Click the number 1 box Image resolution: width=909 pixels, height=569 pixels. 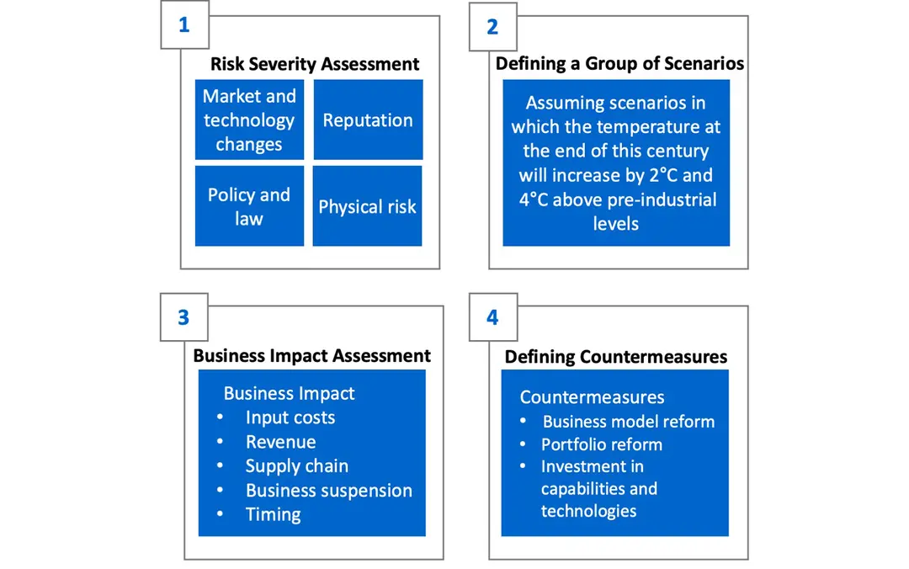click(x=184, y=25)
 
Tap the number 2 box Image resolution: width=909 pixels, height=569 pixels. click(x=492, y=27)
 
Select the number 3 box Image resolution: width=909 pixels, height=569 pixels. click(x=183, y=317)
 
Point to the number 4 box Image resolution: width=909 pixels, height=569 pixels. click(x=492, y=317)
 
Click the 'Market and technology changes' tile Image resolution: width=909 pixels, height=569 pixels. click(x=249, y=120)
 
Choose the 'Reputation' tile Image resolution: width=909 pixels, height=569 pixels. click(x=368, y=120)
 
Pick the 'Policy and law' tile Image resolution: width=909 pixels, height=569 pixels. click(x=249, y=206)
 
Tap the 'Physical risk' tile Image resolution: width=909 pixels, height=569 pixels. click(x=368, y=206)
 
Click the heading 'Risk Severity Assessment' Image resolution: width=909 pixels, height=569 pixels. click(x=315, y=64)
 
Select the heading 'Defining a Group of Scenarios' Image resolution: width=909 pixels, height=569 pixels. click(x=619, y=63)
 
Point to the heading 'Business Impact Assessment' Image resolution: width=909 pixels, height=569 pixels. click(x=312, y=355)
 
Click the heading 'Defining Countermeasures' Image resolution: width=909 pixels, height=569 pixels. click(x=615, y=356)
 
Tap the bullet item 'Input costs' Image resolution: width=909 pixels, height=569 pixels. click(x=290, y=417)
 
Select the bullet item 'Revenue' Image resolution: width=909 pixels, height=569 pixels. click(x=280, y=442)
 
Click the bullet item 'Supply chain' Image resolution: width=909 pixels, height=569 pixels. click(x=297, y=466)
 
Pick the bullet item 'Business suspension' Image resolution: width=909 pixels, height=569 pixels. click(x=329, y=491)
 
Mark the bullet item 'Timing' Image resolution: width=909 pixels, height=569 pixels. click(x=273, y=514)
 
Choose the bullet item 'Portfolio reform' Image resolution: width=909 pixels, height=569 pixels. click(x=602, y=444)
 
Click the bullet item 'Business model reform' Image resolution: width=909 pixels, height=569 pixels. click(x=629, y=422)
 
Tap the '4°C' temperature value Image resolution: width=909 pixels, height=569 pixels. click(x=533, y=199)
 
